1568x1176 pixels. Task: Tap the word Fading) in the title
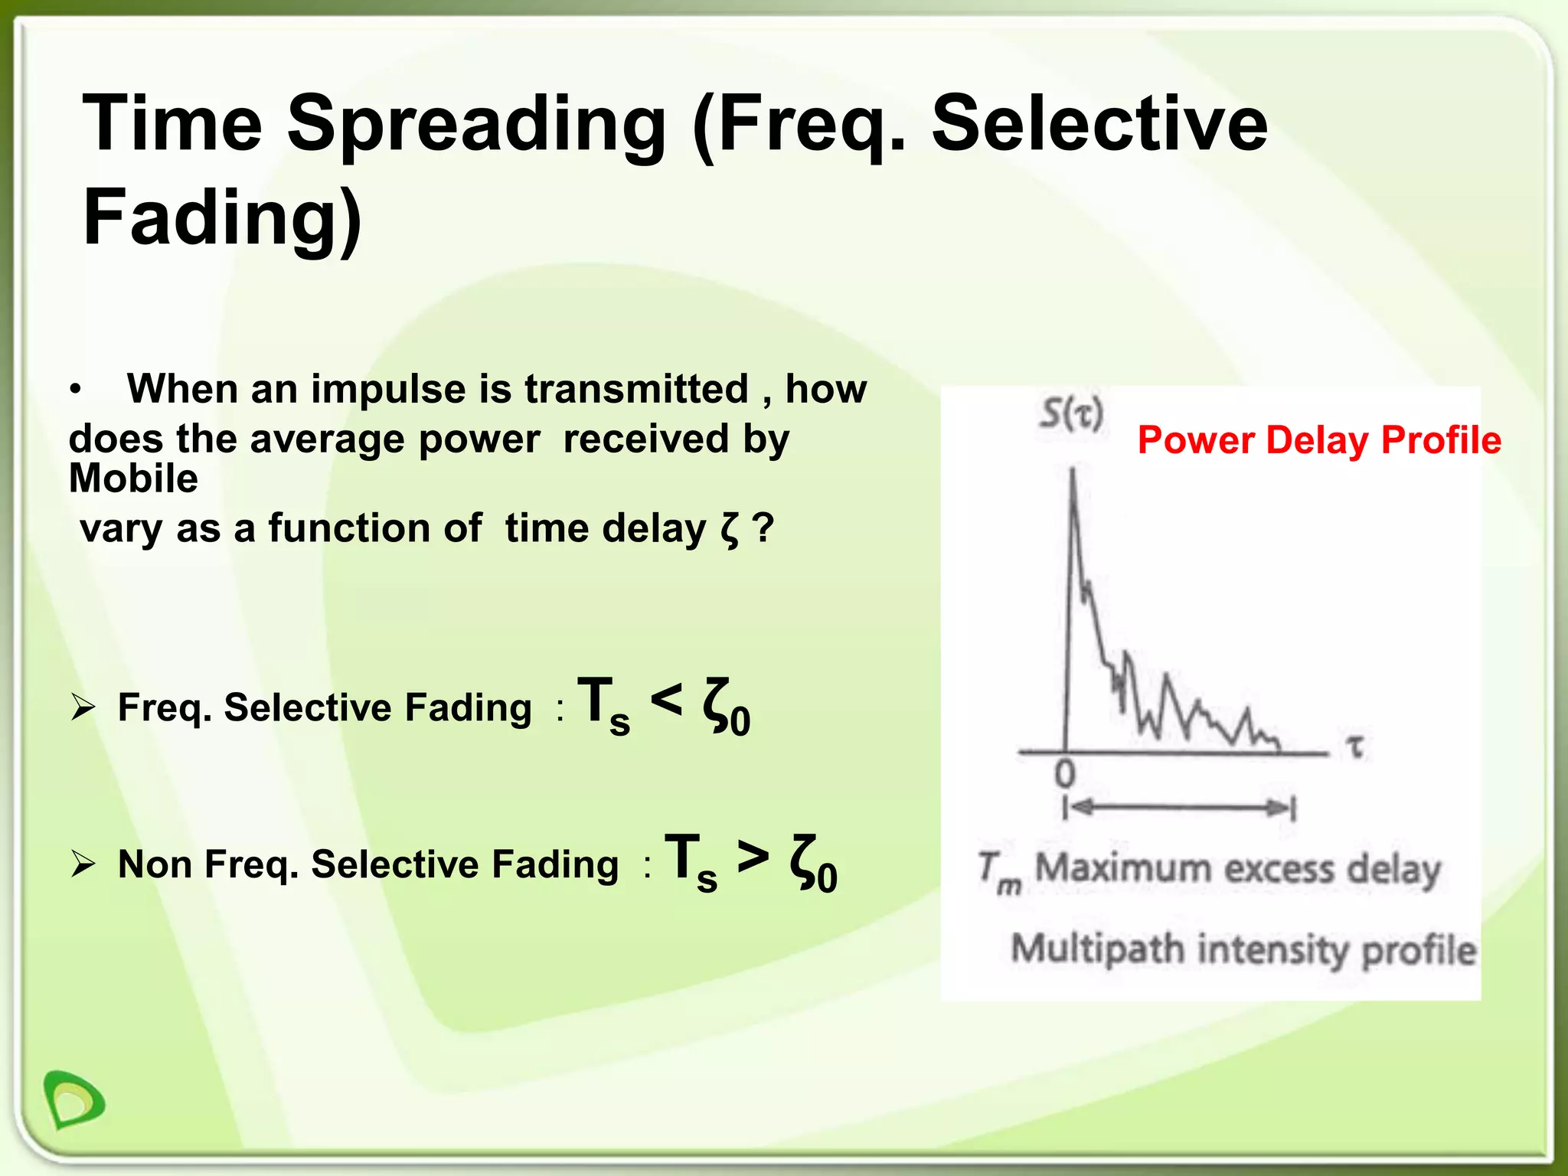(222, 217)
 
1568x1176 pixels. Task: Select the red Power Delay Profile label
(1318, 440)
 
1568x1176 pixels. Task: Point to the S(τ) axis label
(1071, 415)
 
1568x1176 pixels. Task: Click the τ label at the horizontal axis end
(1355, 746)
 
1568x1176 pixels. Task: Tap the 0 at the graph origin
(1065, 776)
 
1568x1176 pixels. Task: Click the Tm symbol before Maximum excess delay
(998, 872)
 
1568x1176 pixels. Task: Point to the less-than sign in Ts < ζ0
(666, 699)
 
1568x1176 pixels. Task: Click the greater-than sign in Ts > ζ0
(753, 856)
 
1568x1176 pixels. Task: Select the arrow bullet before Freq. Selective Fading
(82, 707)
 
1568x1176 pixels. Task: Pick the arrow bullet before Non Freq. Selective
(82, 864)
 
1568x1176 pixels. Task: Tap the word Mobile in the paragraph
(133, 479)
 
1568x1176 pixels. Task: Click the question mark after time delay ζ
(763, 528)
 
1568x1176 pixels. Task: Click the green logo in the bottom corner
(73, 1099)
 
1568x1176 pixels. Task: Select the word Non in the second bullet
(153, 864)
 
